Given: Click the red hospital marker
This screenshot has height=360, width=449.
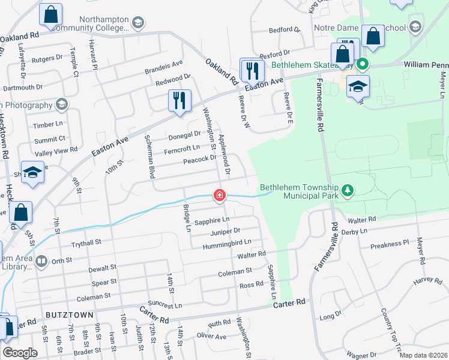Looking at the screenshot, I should pos(220,195).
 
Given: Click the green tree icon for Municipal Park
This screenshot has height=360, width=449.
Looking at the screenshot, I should pos(346,191).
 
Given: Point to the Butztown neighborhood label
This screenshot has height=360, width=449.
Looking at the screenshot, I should pos(69,314).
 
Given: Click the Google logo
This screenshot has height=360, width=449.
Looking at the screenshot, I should pos(20,353).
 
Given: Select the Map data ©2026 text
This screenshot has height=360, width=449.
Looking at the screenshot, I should pos(423,355).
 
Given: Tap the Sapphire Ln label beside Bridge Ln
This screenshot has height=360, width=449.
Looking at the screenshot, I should pos(207,220).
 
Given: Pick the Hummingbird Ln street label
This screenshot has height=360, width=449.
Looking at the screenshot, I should pos(226,242).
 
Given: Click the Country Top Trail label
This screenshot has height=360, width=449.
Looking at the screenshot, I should pos(391,329).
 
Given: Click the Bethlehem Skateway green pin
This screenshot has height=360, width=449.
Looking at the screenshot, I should pos(362,64).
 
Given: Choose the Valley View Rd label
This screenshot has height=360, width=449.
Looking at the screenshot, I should pos(56,149).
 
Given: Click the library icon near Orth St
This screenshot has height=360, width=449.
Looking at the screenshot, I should pos(41,261).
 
